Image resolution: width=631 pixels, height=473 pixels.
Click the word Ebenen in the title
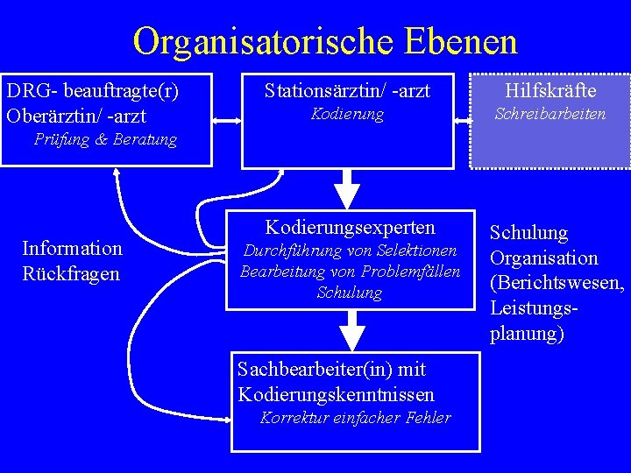[461, 40]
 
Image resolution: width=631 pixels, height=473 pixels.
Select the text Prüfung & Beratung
[105, 139]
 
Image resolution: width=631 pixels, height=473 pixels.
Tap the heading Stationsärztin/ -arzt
[348, 89]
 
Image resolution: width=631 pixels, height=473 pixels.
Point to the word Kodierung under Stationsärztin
[348, 114]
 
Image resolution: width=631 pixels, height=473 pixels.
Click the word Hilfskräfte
[550, 89]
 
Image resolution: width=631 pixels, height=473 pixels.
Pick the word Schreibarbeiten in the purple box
[550, 114]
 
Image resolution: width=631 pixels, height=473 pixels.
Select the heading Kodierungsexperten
[351, 228]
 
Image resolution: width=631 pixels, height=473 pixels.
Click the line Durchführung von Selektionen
[351, 251]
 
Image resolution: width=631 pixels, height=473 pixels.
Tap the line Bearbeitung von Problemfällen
[351, 272]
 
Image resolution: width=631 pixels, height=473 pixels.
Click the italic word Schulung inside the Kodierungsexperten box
[350, 293]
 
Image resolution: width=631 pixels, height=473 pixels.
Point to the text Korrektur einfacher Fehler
[356, 418]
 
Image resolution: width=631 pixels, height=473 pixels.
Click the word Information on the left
[72, 249]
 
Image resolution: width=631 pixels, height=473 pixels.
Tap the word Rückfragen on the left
[71, 273]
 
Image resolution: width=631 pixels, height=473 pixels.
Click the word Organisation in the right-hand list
[543, 258]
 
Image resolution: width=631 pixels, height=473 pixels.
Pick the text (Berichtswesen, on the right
[557, 284]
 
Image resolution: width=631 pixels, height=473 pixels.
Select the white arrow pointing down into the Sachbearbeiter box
[351, 330]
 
